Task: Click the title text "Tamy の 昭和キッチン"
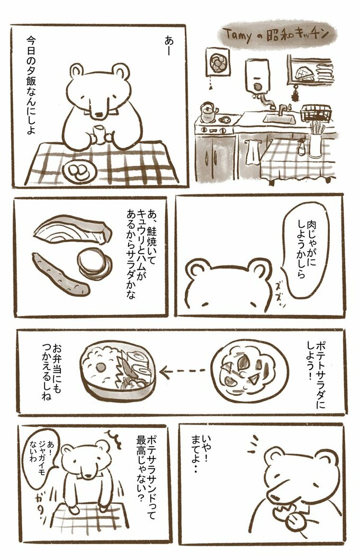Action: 277,34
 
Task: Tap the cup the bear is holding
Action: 98,133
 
